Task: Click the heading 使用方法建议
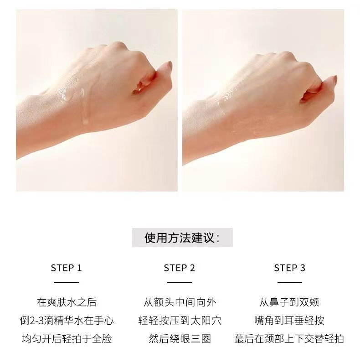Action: (182, 238)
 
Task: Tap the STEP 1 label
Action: (67, 268)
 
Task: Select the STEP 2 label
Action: (180, 268)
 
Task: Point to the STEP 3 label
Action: (290, 268)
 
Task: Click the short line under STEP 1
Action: (67, 282)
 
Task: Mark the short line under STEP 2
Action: (180, 282)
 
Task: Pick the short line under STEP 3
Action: (290, 282)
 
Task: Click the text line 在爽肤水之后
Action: (67, 302)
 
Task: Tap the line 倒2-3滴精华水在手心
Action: (67, 321)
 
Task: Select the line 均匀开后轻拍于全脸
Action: (67, 339)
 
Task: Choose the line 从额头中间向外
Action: (180, 302)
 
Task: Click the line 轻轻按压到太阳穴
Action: (180, 321)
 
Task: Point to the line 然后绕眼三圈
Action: (180, 339)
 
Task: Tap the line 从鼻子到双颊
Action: (289, 302)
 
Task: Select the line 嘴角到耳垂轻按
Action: (289, 321)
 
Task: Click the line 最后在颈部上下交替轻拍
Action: (289, 339)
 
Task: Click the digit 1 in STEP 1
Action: (80, 268)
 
